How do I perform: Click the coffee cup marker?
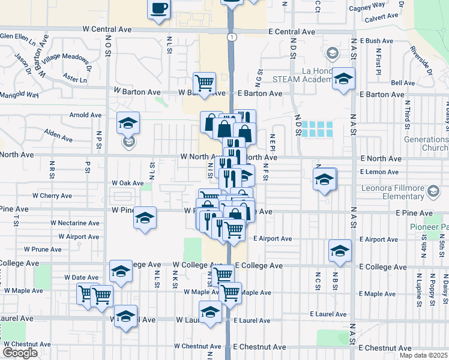click(159, 9)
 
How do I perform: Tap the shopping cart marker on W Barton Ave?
click(204, 83)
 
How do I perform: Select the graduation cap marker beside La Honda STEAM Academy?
click(343, 79)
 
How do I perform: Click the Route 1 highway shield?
click(231, 37)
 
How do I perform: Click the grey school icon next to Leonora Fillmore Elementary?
click(432, 191)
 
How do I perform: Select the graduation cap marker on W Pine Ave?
click(145, 218)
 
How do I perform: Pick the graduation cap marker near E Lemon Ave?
click(324, 179)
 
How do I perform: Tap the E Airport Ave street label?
click(273, 239)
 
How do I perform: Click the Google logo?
click(20, 353)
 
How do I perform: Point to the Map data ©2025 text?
click(424, 355)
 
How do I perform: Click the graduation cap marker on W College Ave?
click(121, 272)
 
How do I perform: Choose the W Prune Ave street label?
click(44, 249)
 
